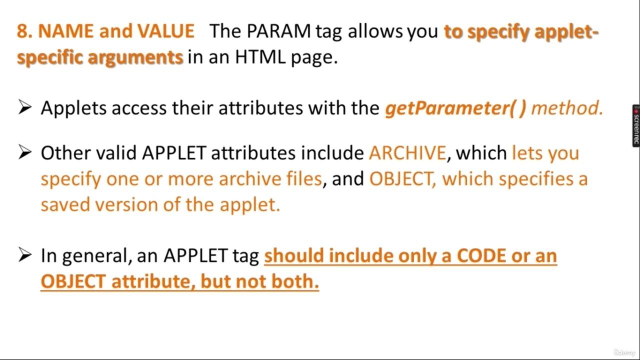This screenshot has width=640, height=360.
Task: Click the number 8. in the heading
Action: [24, 31]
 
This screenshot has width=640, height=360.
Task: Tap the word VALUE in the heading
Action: [165, 31]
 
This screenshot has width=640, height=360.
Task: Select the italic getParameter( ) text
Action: [455, 108]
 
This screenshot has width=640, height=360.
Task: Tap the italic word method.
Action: [567, 108]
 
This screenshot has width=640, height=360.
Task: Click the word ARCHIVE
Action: [407, 153]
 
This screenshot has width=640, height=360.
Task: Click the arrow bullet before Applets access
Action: [24, 107]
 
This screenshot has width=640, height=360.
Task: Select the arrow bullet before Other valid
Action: [24, 152]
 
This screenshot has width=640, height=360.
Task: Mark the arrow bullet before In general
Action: [24, 255]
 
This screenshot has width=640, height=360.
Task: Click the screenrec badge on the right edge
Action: [636, 125]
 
